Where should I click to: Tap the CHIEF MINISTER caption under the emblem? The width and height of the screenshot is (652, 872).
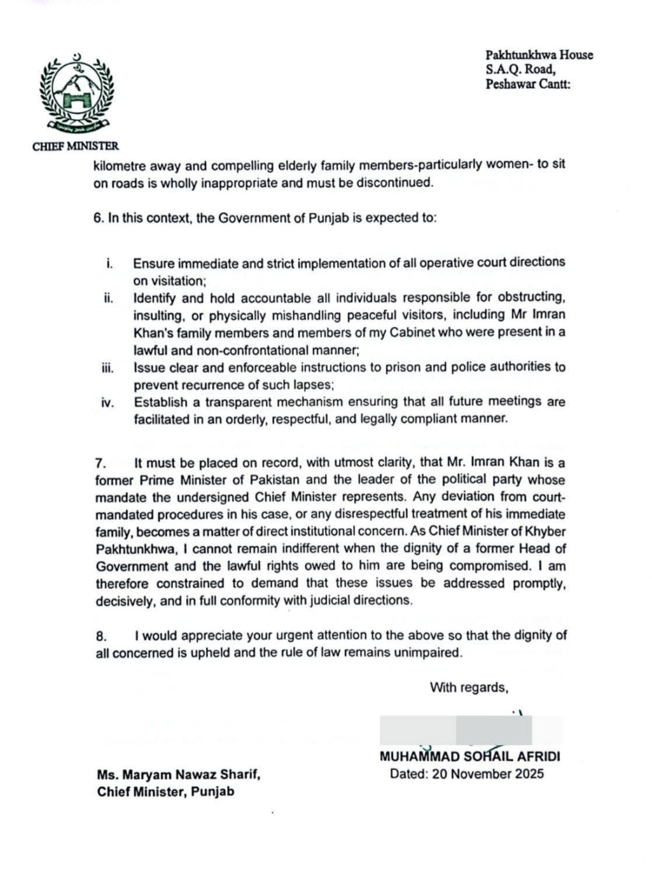click(x=75, y=147)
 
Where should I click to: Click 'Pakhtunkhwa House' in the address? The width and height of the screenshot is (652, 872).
click(x=539, y=55)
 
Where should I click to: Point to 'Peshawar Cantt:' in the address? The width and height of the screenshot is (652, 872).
click(x=528, y=84)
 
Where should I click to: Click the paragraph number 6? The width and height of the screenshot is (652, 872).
click(x=98, y=219)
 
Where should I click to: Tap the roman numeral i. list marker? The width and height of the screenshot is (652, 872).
click(x=109, y=263)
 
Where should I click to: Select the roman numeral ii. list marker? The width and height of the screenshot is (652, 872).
click(x=108, y=298)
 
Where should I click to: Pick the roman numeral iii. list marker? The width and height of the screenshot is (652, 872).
click(x=107, y=368)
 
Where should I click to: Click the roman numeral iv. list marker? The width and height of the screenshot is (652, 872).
click(x=107, y=403)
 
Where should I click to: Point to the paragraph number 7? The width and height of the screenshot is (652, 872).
click(x=100, y=464)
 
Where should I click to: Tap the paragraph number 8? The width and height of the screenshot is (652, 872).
click(x=100, y=636)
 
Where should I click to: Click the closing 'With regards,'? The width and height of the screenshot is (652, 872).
click(x=469, y=688)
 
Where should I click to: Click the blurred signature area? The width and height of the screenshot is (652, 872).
click(x=470, y=730)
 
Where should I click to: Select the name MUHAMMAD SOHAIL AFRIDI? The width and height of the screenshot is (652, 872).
click(x=469, y=757)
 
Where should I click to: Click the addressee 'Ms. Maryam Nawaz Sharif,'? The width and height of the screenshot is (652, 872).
click(x=178, y=775)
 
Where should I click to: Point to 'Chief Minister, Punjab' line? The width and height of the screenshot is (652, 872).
click(x=165, y=792)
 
